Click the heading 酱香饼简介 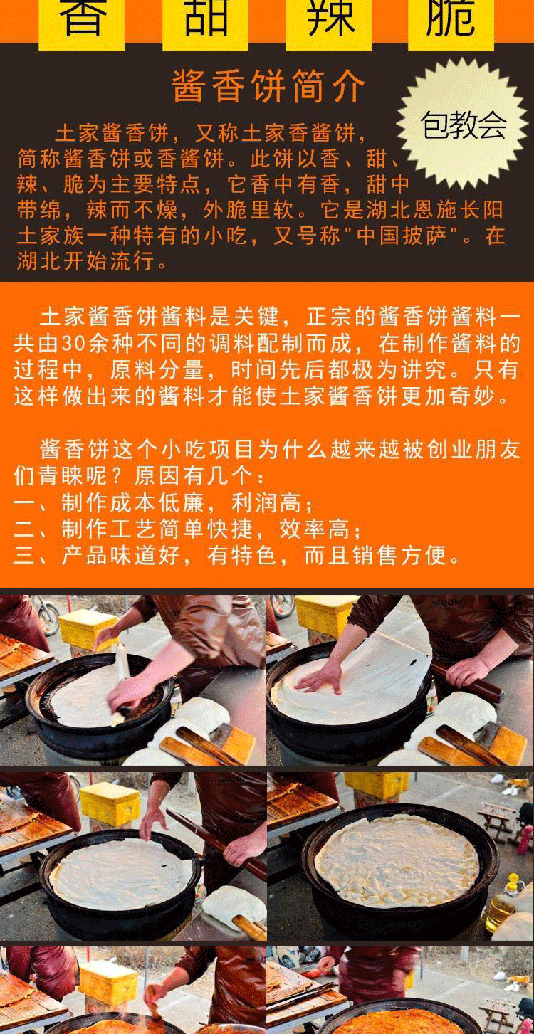point(268,86)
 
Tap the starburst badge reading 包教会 point(463,125)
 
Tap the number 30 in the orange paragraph point(73,344)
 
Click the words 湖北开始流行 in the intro point(85,261)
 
